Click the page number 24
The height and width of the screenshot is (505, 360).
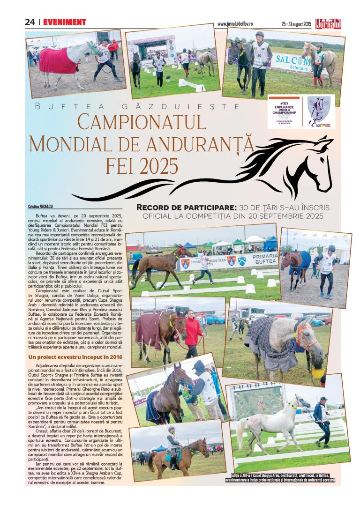pos(30,22)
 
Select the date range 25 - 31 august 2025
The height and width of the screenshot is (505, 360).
pos(296,23)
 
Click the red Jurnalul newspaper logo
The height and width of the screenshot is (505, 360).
pos(328,22)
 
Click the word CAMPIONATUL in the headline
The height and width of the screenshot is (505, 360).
pos(142,122)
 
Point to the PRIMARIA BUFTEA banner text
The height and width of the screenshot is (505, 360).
pos(265,259)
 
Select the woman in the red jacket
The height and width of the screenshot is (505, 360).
pos(193,330)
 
